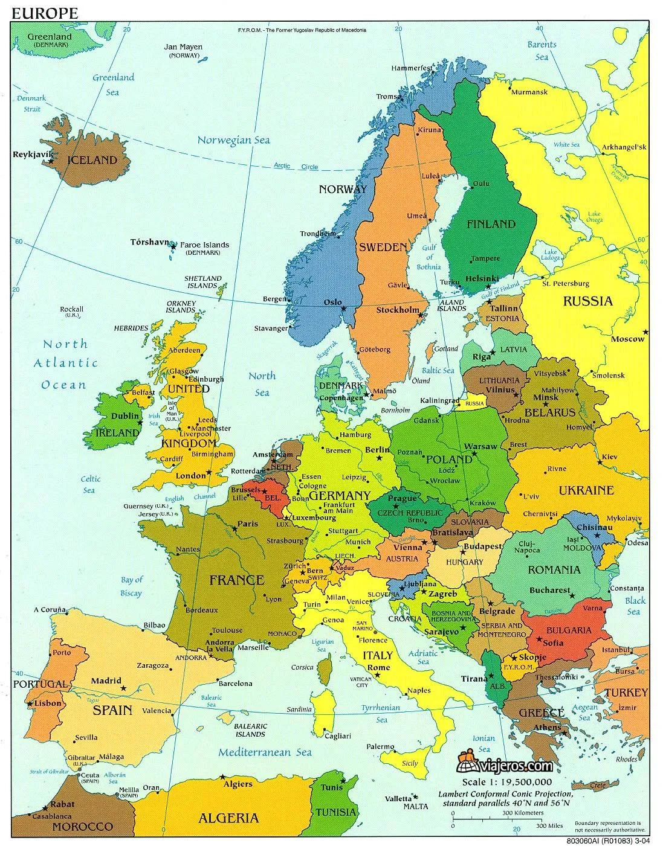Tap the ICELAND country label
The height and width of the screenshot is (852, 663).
click(92, 161)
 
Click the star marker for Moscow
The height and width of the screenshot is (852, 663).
click(645, 332)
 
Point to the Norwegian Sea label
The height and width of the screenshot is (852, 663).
click(233, 140)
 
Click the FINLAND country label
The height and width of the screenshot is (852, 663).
click(491, 224)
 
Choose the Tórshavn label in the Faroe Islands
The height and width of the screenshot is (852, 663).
click(149, 242)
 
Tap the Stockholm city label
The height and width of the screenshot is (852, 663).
click(397, 310)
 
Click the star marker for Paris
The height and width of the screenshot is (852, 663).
click(234, 529)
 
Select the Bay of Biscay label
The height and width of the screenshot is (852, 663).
click(131, 586)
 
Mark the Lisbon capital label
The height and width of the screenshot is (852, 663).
click(48, 703)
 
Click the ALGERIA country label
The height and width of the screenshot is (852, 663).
click(228, 819)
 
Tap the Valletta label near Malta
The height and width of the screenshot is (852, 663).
click(399, 798)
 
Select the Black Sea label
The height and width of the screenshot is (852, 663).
click(635, 606)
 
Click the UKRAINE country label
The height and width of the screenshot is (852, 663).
click(586, 490)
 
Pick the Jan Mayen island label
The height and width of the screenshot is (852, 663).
click(184, 47)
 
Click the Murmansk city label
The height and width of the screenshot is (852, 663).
click(529, 92)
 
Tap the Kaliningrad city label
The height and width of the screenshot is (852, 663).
click(438, 400)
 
